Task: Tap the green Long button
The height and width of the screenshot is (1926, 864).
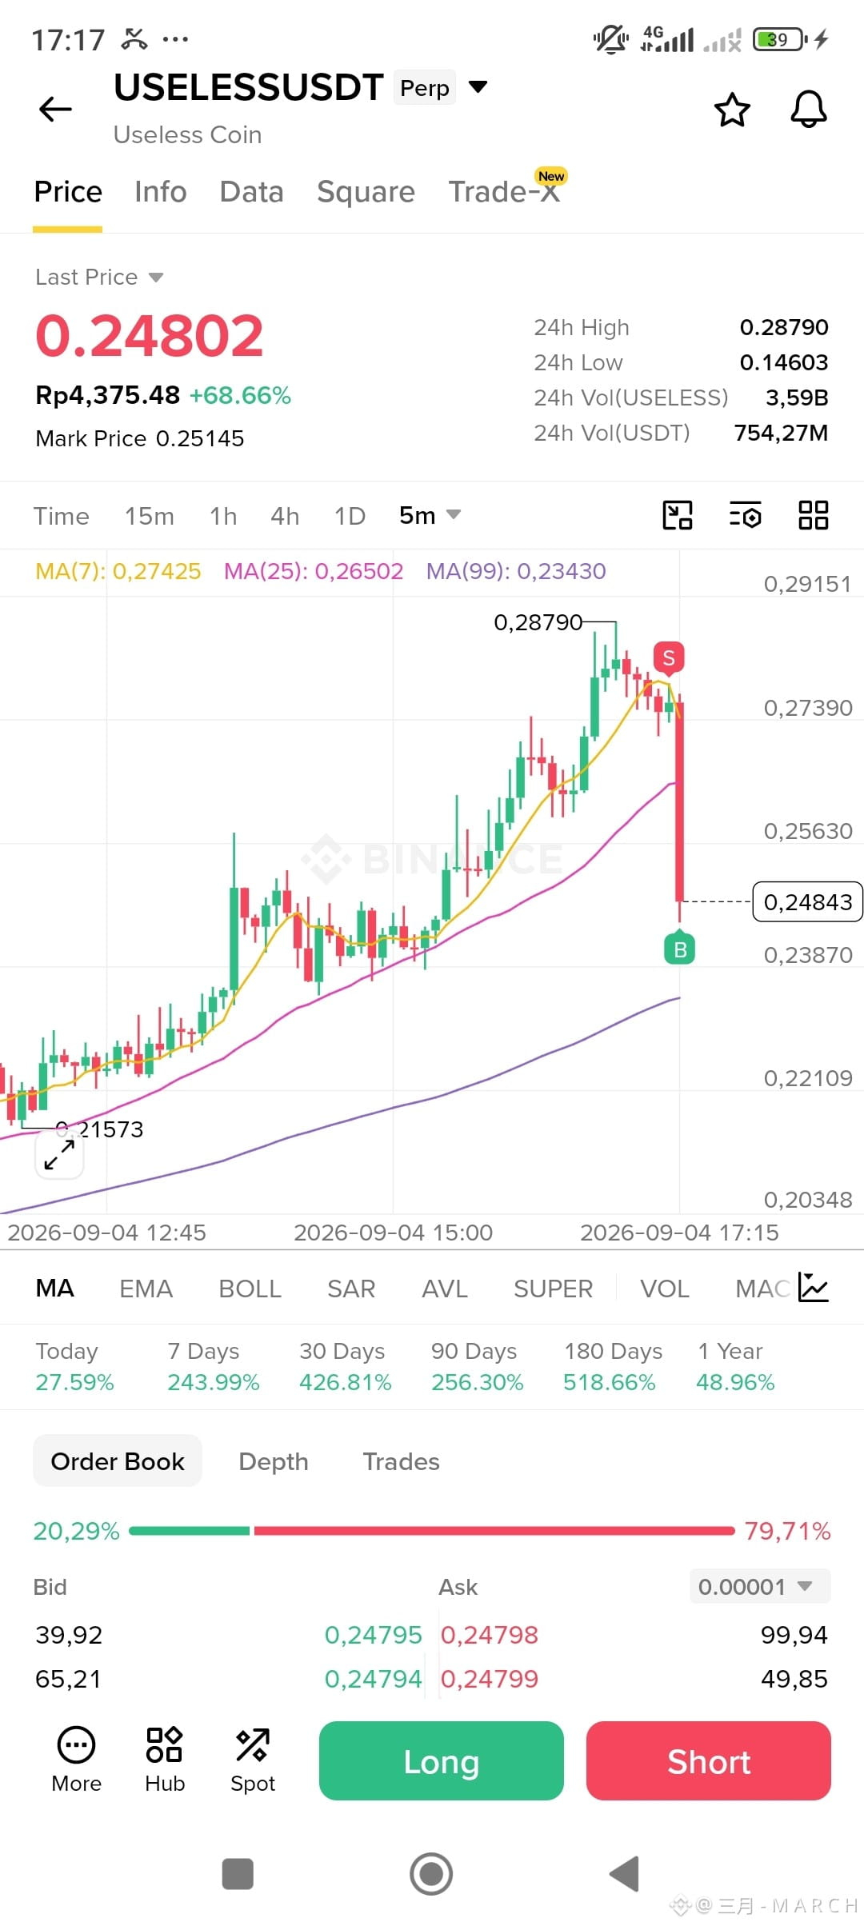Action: [x=441, y=1760]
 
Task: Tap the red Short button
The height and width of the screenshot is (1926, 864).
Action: [x=709, y=1760]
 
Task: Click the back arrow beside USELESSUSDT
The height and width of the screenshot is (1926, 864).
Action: [x=55, y=109]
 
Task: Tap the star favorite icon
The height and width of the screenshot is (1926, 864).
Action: [x=732, y=110]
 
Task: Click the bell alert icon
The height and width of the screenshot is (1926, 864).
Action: [x=809, y=109]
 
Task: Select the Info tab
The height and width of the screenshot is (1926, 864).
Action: [x=160, y=192]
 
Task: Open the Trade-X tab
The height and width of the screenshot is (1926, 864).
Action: [x=504, y=192]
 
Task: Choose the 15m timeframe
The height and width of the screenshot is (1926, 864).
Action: [x=150, y=516]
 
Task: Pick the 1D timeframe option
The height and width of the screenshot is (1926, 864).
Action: [x=350, y=516]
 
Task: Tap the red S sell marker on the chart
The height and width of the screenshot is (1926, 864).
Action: [x=669, y=658]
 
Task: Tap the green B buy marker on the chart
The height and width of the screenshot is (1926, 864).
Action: [x=680, y=949]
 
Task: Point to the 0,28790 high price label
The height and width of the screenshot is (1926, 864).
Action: [x=538, y=622]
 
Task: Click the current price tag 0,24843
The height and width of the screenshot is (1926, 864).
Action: [x=808, y=902]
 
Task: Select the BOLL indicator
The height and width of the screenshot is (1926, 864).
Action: [x=250, y=1289]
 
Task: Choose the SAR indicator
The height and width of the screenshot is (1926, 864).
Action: [x=351, y=1289]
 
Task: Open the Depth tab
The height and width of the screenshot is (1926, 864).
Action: [x=274, y=1461]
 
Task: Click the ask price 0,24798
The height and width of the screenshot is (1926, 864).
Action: [x=490, y=1635]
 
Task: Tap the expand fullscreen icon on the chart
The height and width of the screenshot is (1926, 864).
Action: [x=59, y=1154]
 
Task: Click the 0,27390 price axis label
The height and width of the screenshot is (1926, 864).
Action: [x=808, y=708]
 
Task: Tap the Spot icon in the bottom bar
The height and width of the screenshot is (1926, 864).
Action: [x=253, y=1760]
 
